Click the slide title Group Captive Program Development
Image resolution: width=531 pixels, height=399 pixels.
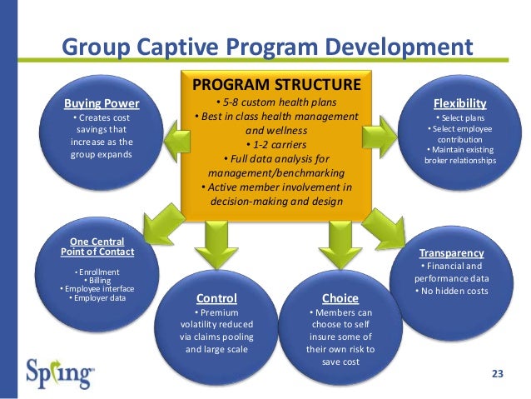coord(267,44)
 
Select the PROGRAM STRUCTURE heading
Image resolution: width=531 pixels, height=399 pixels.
coord(276,84)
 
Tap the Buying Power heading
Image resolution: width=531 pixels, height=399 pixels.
coord(102,103)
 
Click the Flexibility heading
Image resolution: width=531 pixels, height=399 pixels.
coord(459,102)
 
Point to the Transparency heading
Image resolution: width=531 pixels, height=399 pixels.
coord(451,252)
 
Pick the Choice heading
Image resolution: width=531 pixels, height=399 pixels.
coord(340,297)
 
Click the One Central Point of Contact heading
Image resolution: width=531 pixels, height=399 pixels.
coord(97,247)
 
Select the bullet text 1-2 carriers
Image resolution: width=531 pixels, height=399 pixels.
coord(276,144)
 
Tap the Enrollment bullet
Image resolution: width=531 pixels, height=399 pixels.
coord(97,272)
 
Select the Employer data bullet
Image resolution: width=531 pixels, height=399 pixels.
coord(97,297)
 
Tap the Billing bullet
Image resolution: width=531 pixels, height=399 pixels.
coord(97,281)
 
